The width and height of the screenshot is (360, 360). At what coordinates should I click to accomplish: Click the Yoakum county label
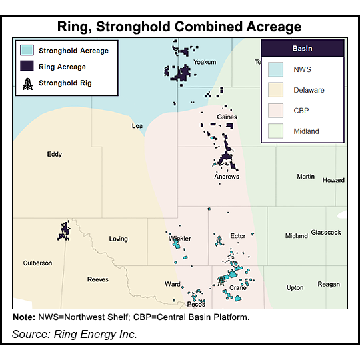[204, 62]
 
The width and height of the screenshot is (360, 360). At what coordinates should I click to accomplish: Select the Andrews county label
[227, 177]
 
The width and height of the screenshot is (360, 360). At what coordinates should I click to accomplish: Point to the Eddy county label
[54, 154]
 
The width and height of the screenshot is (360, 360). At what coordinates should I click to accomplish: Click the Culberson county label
[37, 263]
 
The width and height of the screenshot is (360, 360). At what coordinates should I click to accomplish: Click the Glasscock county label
[326, 232]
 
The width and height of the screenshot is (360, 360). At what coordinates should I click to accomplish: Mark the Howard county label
[333, 180]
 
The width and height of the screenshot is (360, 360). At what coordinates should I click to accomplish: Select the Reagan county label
[328, 284]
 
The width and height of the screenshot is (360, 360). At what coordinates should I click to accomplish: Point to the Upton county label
[294, 287]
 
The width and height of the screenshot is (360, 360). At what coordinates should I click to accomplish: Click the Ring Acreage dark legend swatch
[27, 67]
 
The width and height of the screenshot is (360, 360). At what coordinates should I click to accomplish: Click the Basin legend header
[302, 49]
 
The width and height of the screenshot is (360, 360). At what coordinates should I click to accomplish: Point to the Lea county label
[138, 125]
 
